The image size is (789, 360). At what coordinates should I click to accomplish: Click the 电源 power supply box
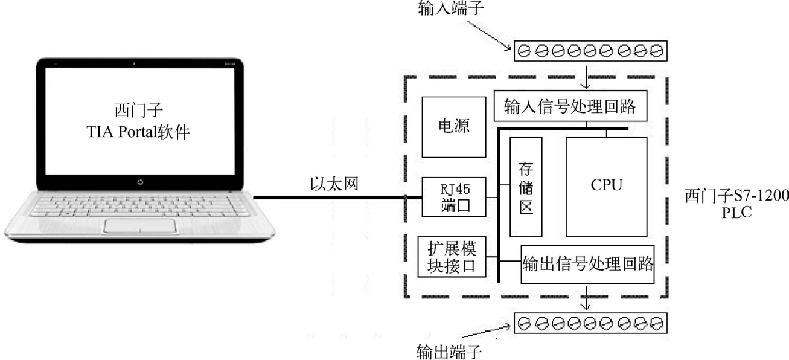(454, 127)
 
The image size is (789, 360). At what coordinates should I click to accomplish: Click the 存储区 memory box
(526, 186)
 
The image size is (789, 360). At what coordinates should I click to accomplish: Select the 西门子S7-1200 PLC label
(736, 204)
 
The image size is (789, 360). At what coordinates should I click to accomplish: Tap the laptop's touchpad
(139, 227)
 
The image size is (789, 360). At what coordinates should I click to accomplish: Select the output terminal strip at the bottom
(590, 323)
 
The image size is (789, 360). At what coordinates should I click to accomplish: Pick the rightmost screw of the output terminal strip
(657, 323)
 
